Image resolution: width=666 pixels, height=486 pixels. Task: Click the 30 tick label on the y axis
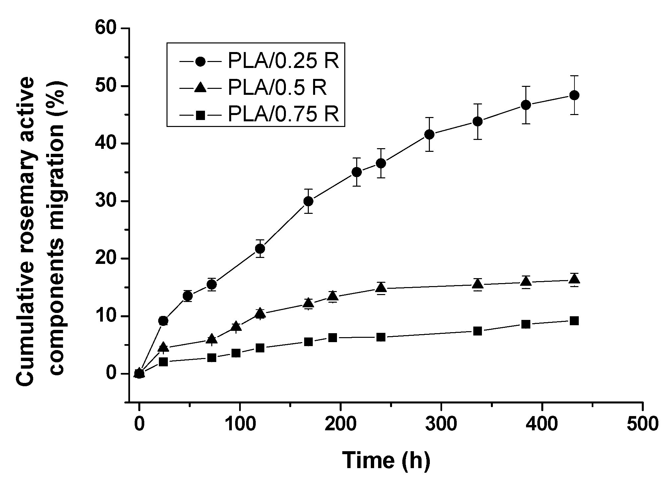[106, 201]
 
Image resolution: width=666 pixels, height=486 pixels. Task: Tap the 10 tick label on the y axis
[106, 316]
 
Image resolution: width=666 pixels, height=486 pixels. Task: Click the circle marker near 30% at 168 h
[308, 201]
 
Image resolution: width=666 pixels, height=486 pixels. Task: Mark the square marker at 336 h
[478, 331]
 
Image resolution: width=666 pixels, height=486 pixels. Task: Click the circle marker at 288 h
[429, 134]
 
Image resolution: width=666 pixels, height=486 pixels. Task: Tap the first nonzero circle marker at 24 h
[164, 321]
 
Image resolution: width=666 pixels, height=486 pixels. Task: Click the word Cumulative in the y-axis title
[26, 332]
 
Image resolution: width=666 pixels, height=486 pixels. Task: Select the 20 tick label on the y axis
[106, 259]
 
